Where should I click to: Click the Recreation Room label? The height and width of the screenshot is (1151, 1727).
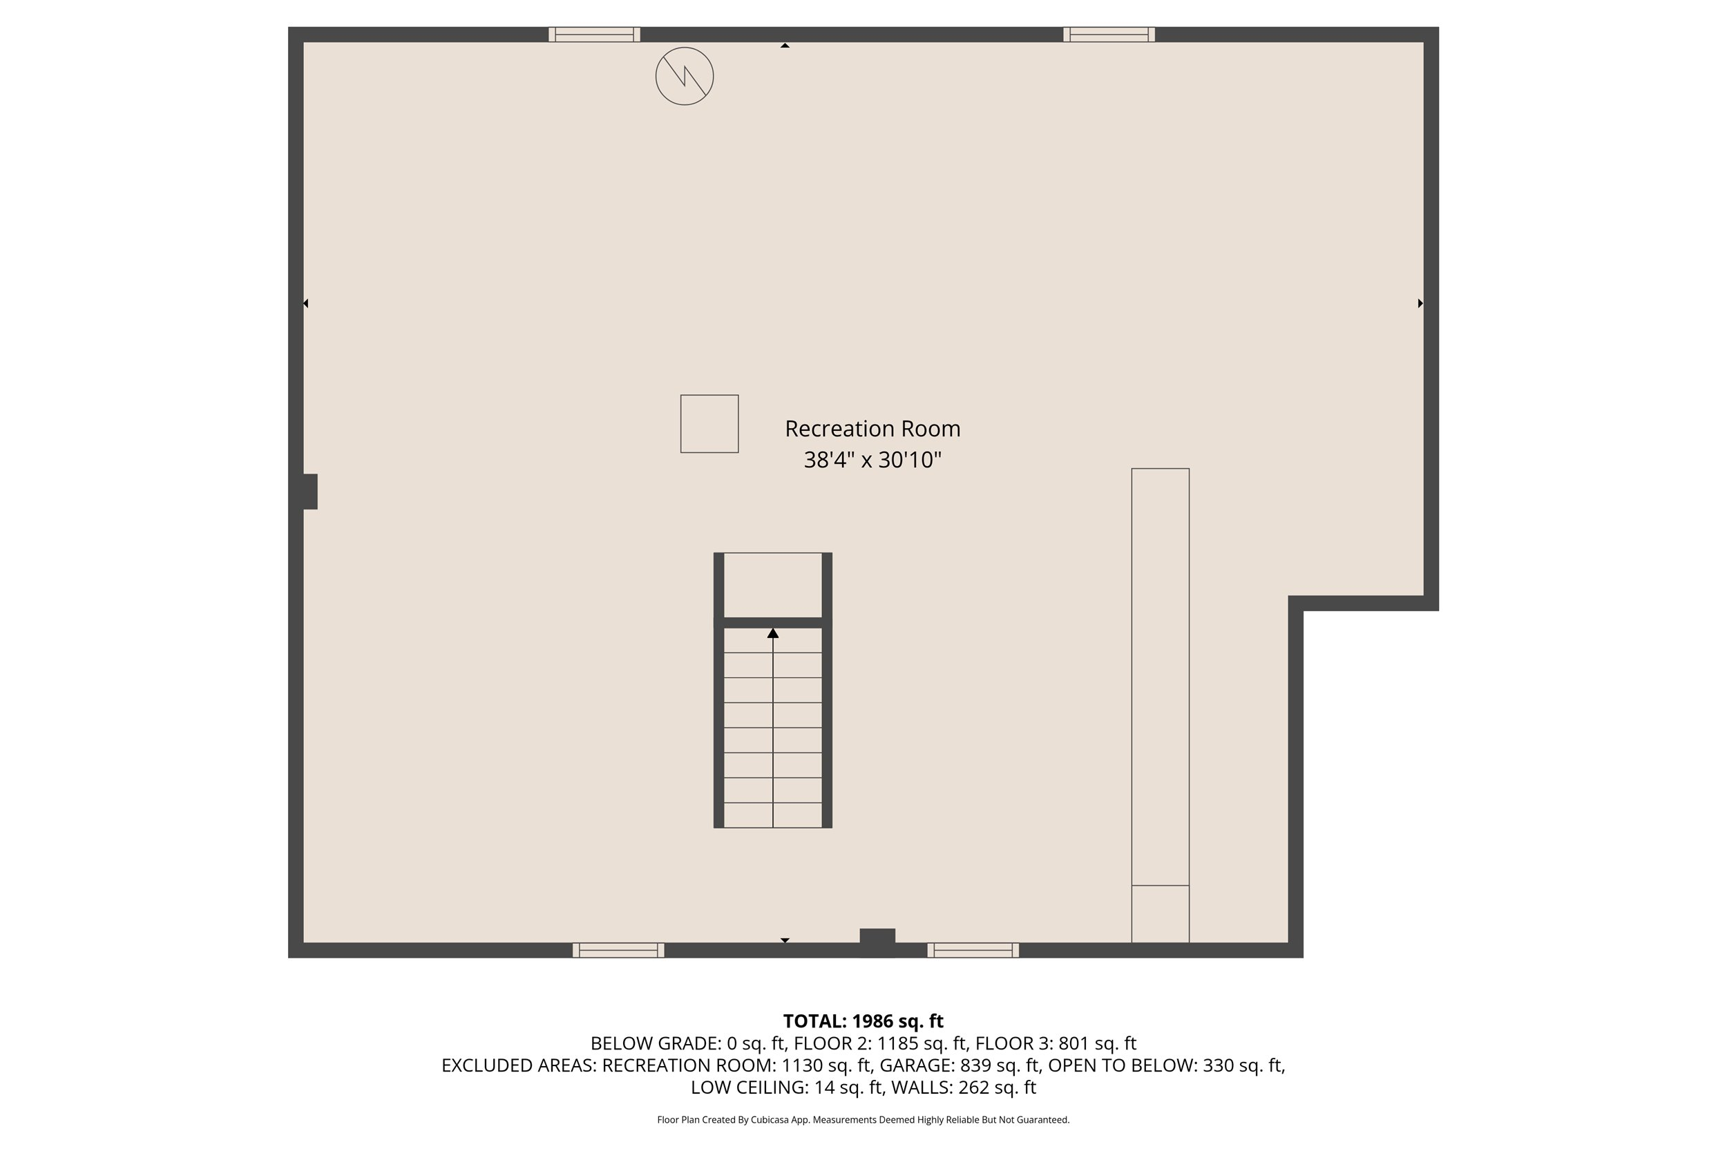(x=872, y=429)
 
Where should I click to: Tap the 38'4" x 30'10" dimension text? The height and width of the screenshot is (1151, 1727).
(x=872, y=461)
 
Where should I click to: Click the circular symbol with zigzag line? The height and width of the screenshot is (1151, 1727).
(x=685, y=77)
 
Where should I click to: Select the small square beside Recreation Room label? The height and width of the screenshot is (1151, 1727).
(x=709, y=423)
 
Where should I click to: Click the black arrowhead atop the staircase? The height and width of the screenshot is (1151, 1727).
(x=772, y=632)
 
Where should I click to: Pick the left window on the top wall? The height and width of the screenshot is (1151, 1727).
(x=594, y=35)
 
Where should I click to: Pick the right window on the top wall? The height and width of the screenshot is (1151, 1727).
(x=1109, y=35)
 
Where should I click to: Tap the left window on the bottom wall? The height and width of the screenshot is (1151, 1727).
(x=618, y=950)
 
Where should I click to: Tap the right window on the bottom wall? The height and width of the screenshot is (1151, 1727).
(x=973, y=950)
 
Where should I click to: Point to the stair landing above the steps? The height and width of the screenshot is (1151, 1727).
(x=772, y=585)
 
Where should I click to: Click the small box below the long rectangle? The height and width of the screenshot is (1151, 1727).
(x=1160, y=914)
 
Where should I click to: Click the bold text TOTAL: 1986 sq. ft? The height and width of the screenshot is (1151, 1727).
(x=863, y=1021)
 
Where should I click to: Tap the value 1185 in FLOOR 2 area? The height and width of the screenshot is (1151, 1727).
(x=897, y=1043)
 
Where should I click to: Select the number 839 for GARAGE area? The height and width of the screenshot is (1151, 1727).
(x=976, y=1065)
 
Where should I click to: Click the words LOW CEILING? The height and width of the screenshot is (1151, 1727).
(x=749, y=1087)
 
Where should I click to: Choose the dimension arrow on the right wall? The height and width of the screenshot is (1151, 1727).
(x=1420, y=303)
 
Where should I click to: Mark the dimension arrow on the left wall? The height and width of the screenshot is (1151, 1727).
(x=305, y=303)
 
